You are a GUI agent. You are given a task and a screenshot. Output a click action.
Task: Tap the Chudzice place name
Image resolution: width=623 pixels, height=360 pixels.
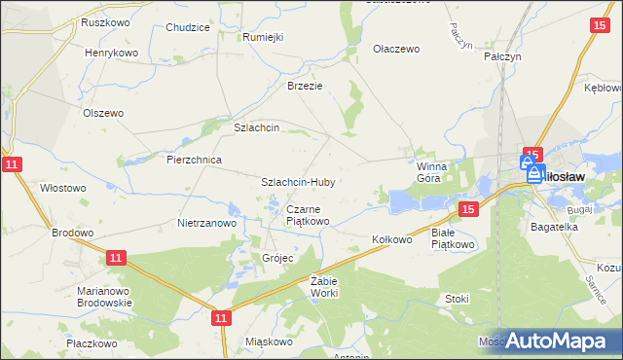(x=188, y=27)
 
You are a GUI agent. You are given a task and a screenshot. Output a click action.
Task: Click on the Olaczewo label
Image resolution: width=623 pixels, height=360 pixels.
(x=395, y=48)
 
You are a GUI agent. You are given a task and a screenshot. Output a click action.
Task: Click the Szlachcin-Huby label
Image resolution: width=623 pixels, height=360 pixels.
(x=298, y=182)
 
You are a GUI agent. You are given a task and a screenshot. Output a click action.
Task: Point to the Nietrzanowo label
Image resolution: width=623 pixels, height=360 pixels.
(x=207, y=223)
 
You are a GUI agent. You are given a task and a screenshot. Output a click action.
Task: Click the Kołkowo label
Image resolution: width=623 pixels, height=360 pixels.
(x=393, y=238)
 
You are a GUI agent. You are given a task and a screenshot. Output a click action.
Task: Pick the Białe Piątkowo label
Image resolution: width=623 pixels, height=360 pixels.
(x=453, y=238)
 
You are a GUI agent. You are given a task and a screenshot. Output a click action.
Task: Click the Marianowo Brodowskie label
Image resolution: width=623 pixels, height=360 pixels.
(x=104, y=297)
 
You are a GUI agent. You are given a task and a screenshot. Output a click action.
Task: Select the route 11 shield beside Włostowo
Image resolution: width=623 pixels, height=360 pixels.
(x=11, y=165)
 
